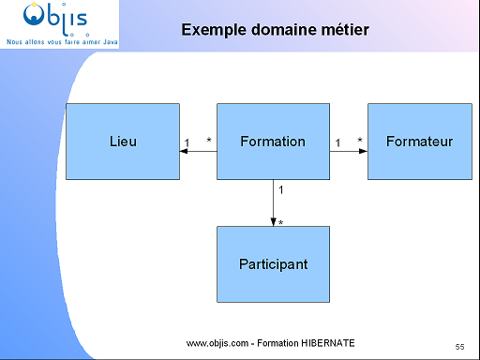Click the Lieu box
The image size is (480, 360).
point(123,142)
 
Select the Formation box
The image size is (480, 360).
point(273,142)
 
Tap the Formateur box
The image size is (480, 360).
point(419,142)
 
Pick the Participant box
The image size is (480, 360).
point(273,264)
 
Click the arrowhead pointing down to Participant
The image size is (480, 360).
point(273,221)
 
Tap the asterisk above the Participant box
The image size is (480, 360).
point(281,222)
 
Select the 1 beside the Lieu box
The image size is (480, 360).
point(188,141)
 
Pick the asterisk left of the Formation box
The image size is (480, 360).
point(209,141)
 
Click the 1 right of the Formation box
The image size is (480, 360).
point(337,142)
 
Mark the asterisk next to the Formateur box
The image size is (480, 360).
point(359,141)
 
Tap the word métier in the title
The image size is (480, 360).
point(344,30)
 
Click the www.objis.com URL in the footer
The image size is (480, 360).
point(217,344)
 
